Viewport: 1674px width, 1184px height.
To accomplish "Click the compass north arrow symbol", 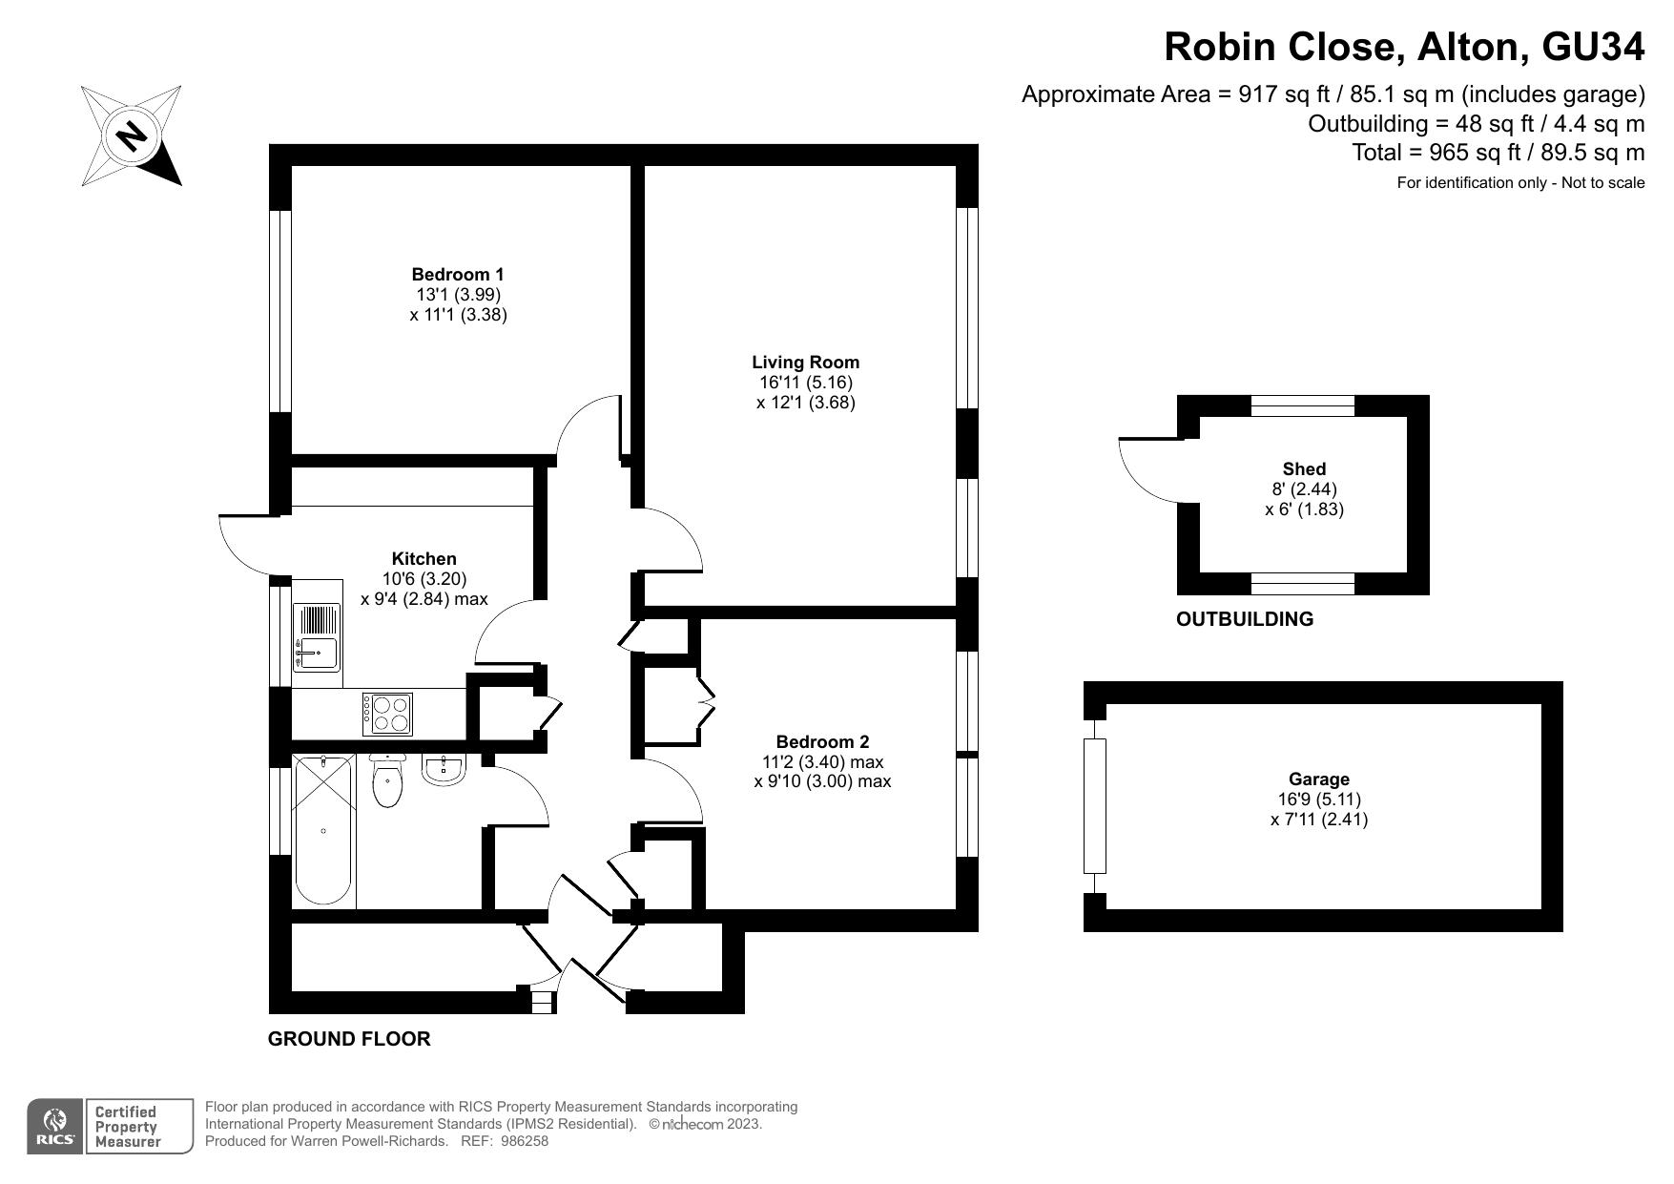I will [132, 135].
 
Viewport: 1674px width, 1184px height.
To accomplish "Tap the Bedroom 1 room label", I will [458, 275].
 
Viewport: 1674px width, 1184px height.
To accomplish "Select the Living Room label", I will [805, 363].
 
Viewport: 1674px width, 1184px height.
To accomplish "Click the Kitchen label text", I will [424, 559].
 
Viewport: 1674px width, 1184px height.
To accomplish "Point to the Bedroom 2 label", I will [822, 742].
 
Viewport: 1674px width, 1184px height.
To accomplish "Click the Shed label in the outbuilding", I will [1304, 469].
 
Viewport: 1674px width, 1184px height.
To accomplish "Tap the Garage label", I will [1319, 779].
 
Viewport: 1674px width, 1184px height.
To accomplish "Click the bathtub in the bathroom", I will [323, 830].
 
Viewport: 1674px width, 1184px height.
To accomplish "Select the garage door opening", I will [1094, 806].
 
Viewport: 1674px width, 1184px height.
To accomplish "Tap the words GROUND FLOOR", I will [349, 1039].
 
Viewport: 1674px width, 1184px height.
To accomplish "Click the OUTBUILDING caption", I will [1244, 619].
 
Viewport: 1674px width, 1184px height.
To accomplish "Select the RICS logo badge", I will [54, 1127].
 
